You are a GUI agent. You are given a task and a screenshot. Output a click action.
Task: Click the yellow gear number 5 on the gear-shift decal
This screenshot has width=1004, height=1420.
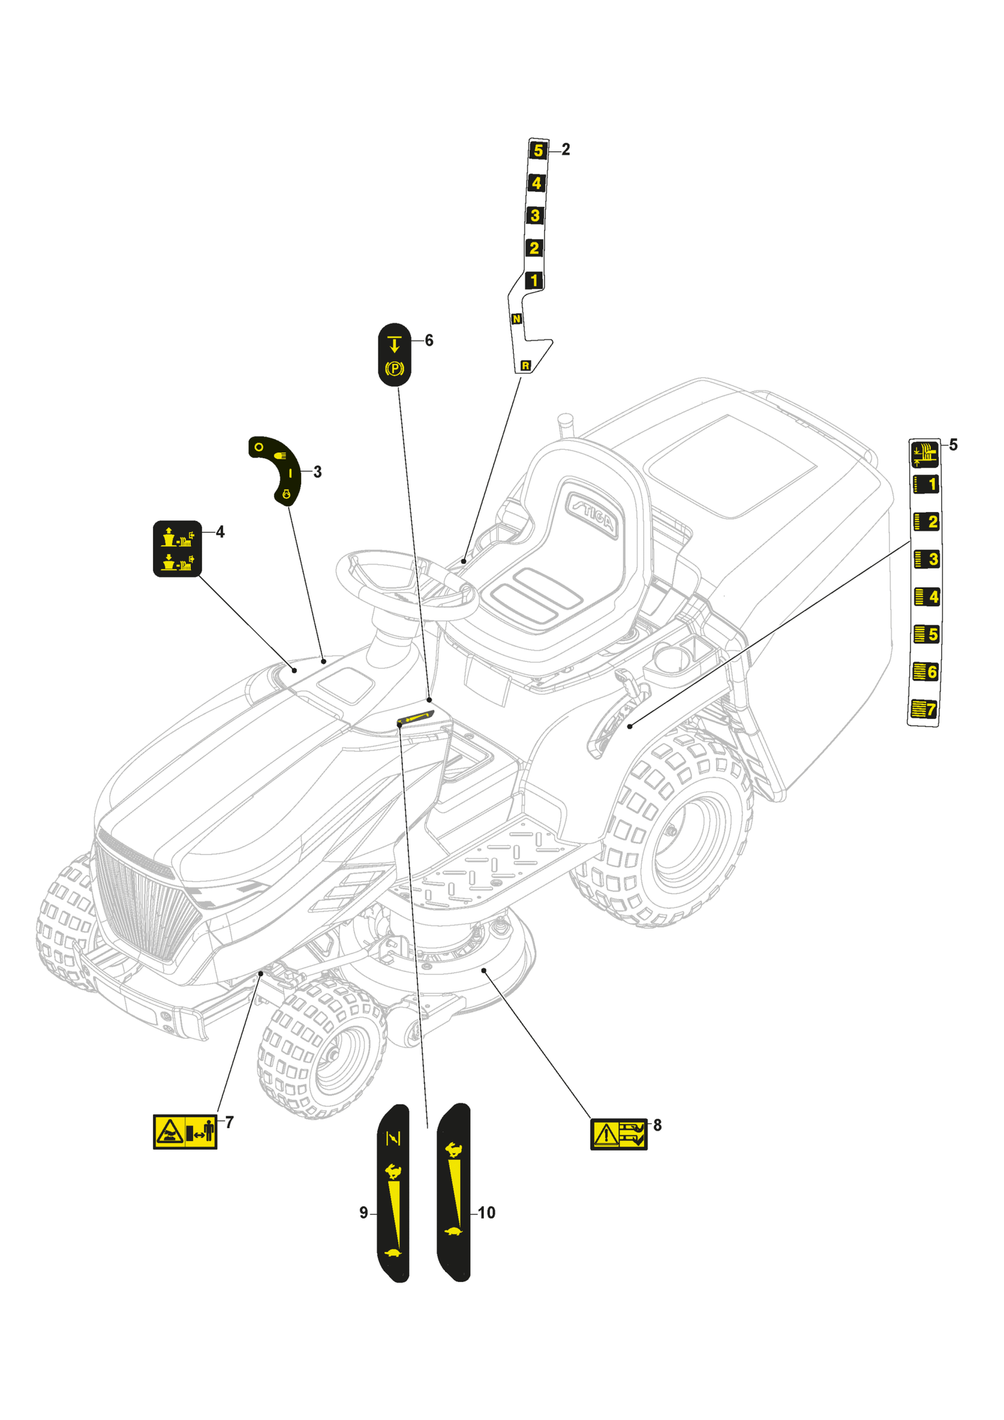538,151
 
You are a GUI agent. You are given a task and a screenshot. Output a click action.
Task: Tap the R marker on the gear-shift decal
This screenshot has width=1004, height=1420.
525,365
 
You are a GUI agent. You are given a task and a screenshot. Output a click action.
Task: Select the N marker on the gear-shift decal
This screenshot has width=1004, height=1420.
516,319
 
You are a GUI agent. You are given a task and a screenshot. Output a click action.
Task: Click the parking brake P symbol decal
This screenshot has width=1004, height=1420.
394,368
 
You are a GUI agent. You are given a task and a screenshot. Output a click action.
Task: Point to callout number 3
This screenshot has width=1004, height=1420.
318,472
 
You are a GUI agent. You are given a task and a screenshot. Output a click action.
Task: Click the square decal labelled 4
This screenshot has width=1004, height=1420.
177,548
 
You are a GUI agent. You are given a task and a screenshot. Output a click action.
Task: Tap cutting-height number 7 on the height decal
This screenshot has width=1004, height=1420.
924,709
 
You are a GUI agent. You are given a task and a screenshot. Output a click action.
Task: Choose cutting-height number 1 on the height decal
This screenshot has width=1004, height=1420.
926,484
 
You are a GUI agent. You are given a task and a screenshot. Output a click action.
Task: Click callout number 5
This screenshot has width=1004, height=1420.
953,445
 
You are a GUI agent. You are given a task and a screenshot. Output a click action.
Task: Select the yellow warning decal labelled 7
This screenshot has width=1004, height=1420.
184,1132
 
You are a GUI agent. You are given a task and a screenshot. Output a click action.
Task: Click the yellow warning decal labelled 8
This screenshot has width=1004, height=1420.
618,1134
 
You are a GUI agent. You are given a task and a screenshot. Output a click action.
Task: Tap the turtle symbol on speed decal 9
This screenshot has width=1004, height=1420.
393,1252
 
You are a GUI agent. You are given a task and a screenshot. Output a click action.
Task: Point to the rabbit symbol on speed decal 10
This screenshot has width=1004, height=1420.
454,1150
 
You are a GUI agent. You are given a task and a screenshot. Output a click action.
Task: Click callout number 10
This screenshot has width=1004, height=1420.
486,1212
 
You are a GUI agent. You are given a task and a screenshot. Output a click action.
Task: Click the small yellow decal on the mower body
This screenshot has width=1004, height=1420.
415,717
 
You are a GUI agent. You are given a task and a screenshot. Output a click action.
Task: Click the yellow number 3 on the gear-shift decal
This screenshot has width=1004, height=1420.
535,215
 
